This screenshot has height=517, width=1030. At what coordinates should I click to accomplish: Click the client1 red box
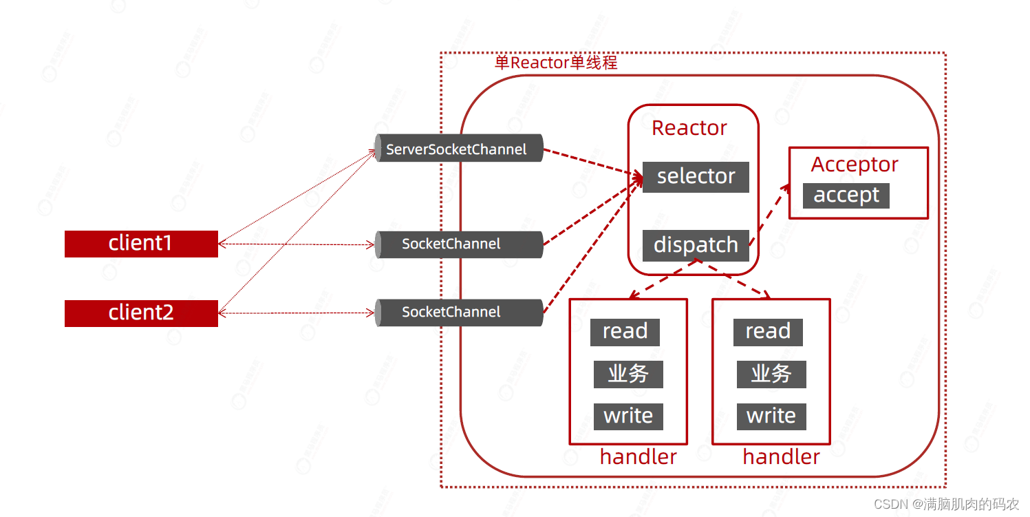(141, 244)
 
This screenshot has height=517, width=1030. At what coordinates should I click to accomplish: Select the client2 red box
(141, 313)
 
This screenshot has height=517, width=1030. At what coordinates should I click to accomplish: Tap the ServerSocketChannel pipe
(458, 149)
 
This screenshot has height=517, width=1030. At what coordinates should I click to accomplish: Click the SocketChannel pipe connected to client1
(458, 244)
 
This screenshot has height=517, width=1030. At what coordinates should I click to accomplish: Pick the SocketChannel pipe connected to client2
(458, 313)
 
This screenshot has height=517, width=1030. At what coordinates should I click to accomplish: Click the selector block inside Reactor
(696, 177)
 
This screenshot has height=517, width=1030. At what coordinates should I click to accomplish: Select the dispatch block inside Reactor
(696, 245)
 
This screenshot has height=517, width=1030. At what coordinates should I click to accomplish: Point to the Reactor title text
(689, 128)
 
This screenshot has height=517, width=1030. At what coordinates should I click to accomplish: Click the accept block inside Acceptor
(846, 196)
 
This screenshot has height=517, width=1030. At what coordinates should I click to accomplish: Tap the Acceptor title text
(855, 165)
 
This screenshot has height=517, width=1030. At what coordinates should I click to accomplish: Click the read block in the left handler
(625, 332)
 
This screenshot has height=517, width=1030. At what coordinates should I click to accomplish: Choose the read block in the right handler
(768, 332)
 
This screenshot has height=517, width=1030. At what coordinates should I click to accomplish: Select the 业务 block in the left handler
(628, 374)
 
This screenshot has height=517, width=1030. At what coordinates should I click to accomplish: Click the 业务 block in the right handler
(771, 374)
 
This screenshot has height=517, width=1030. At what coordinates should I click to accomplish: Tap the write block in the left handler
(628, 416)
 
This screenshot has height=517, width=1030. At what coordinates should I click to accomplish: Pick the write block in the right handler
(771, 416)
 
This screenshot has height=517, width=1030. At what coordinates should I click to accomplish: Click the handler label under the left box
(638, 457)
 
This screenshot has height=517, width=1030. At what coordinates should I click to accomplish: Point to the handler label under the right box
(781, 457)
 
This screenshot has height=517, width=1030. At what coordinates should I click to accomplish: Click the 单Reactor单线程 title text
(556, 63)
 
